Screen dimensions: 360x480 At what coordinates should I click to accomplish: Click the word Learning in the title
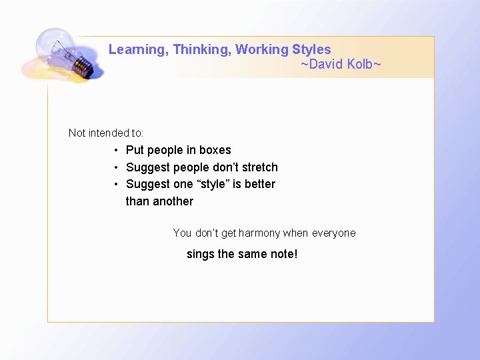136,50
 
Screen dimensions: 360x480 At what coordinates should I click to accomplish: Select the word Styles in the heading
311,49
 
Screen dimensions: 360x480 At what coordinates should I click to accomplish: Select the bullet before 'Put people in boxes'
116,150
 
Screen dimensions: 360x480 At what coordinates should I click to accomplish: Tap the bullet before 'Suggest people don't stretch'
116,167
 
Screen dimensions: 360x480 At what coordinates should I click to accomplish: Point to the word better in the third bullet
259,184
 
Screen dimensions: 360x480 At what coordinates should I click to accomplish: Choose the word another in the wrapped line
173,201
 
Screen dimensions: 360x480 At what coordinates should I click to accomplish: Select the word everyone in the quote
333,233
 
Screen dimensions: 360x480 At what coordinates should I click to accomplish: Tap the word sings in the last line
201,254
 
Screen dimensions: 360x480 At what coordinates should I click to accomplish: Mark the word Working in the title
262,50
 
